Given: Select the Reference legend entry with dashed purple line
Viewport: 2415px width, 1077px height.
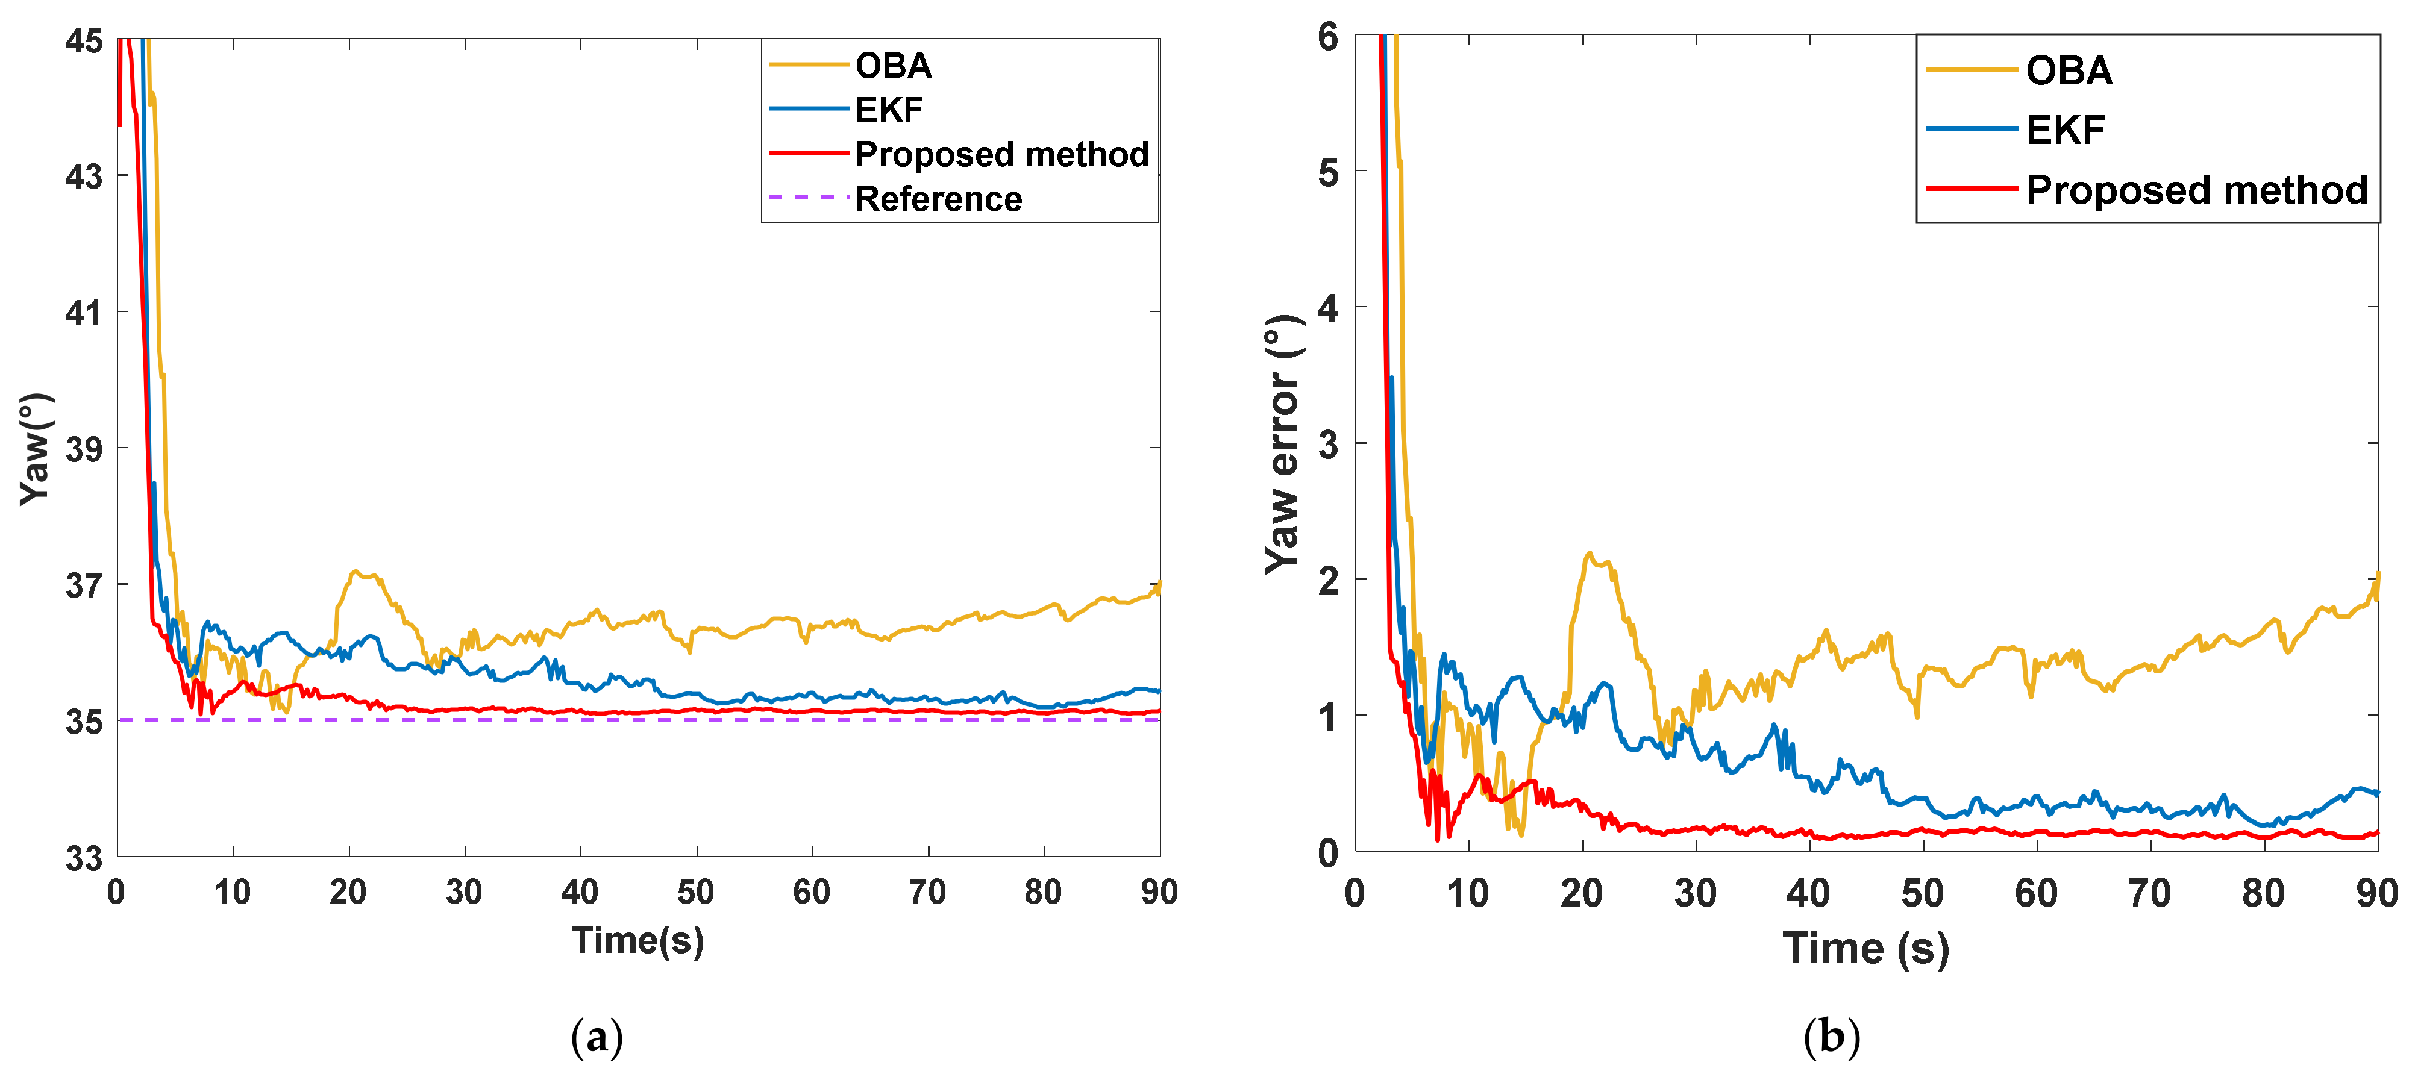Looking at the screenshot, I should pos(938,199).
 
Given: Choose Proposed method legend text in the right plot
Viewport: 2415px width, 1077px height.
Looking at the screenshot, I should pos(2196,190).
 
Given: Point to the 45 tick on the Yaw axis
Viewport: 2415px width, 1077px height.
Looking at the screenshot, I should pos(84,40).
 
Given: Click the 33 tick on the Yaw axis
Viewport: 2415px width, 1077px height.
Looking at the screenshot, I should pos(84,858).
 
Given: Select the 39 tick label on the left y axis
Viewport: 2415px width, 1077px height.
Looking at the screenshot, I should pos(84,449).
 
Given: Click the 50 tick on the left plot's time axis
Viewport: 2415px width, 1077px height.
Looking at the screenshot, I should pos(695,892).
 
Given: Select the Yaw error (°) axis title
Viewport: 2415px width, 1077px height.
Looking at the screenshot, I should pos(1282,445).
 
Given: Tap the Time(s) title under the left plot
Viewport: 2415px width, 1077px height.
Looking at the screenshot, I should pos(637,941).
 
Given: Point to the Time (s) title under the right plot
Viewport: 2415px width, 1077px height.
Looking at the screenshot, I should pos(1865,949).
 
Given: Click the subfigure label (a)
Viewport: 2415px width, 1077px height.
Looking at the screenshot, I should pos(597,1038).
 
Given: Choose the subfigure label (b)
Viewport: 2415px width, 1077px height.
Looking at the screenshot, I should pos(1831,1038).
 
